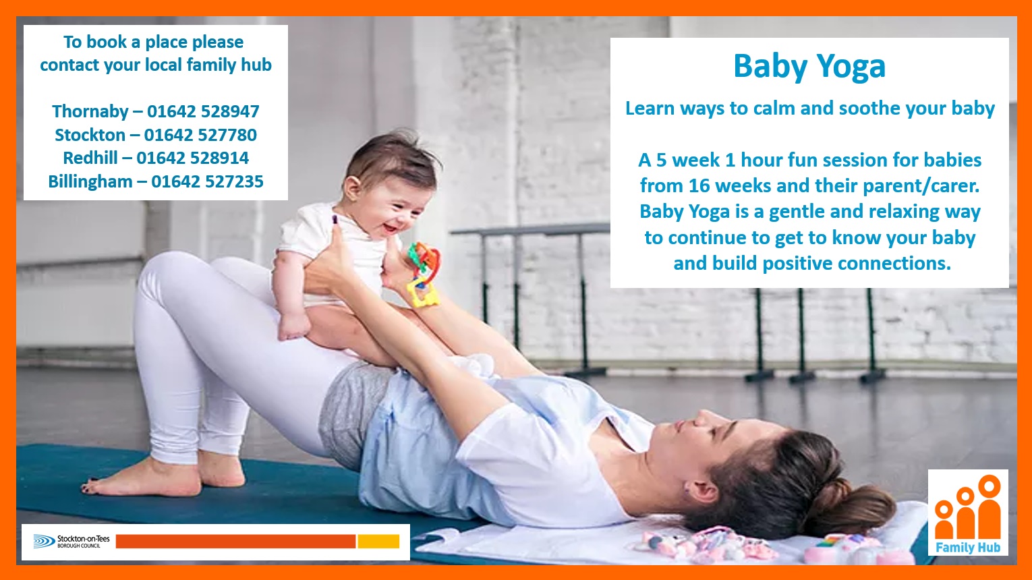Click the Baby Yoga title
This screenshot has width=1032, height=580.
[x=809, y=67]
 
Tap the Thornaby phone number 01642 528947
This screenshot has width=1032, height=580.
[x=203, y=111]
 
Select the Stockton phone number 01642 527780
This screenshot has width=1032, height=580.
[x=200, y=135]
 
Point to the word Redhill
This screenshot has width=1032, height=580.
[x=90, y=158]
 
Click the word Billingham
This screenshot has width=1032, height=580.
[x=90, y=181]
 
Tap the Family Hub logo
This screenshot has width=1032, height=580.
[x=968, y=513]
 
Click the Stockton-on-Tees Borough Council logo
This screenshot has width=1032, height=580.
[x=71, y=542]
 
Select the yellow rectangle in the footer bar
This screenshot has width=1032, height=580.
[x=378, y=542]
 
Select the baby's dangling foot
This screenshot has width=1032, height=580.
[x=293, y=326]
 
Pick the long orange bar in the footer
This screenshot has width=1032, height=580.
[x=235, y=542]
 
